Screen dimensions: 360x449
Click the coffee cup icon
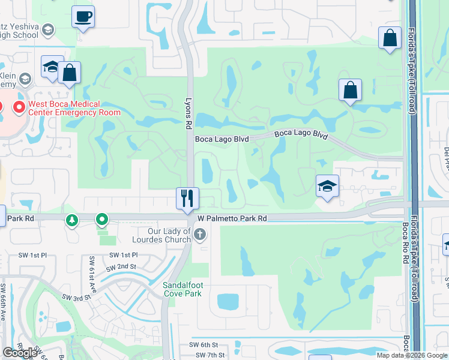coord(83,16)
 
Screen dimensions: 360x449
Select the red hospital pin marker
coord(18,108)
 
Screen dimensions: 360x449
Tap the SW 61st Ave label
coord(93,271)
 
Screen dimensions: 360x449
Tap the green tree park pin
coord(72,221)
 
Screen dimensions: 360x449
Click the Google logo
coord(20,353)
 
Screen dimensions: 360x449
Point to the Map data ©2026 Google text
coord(412,355)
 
